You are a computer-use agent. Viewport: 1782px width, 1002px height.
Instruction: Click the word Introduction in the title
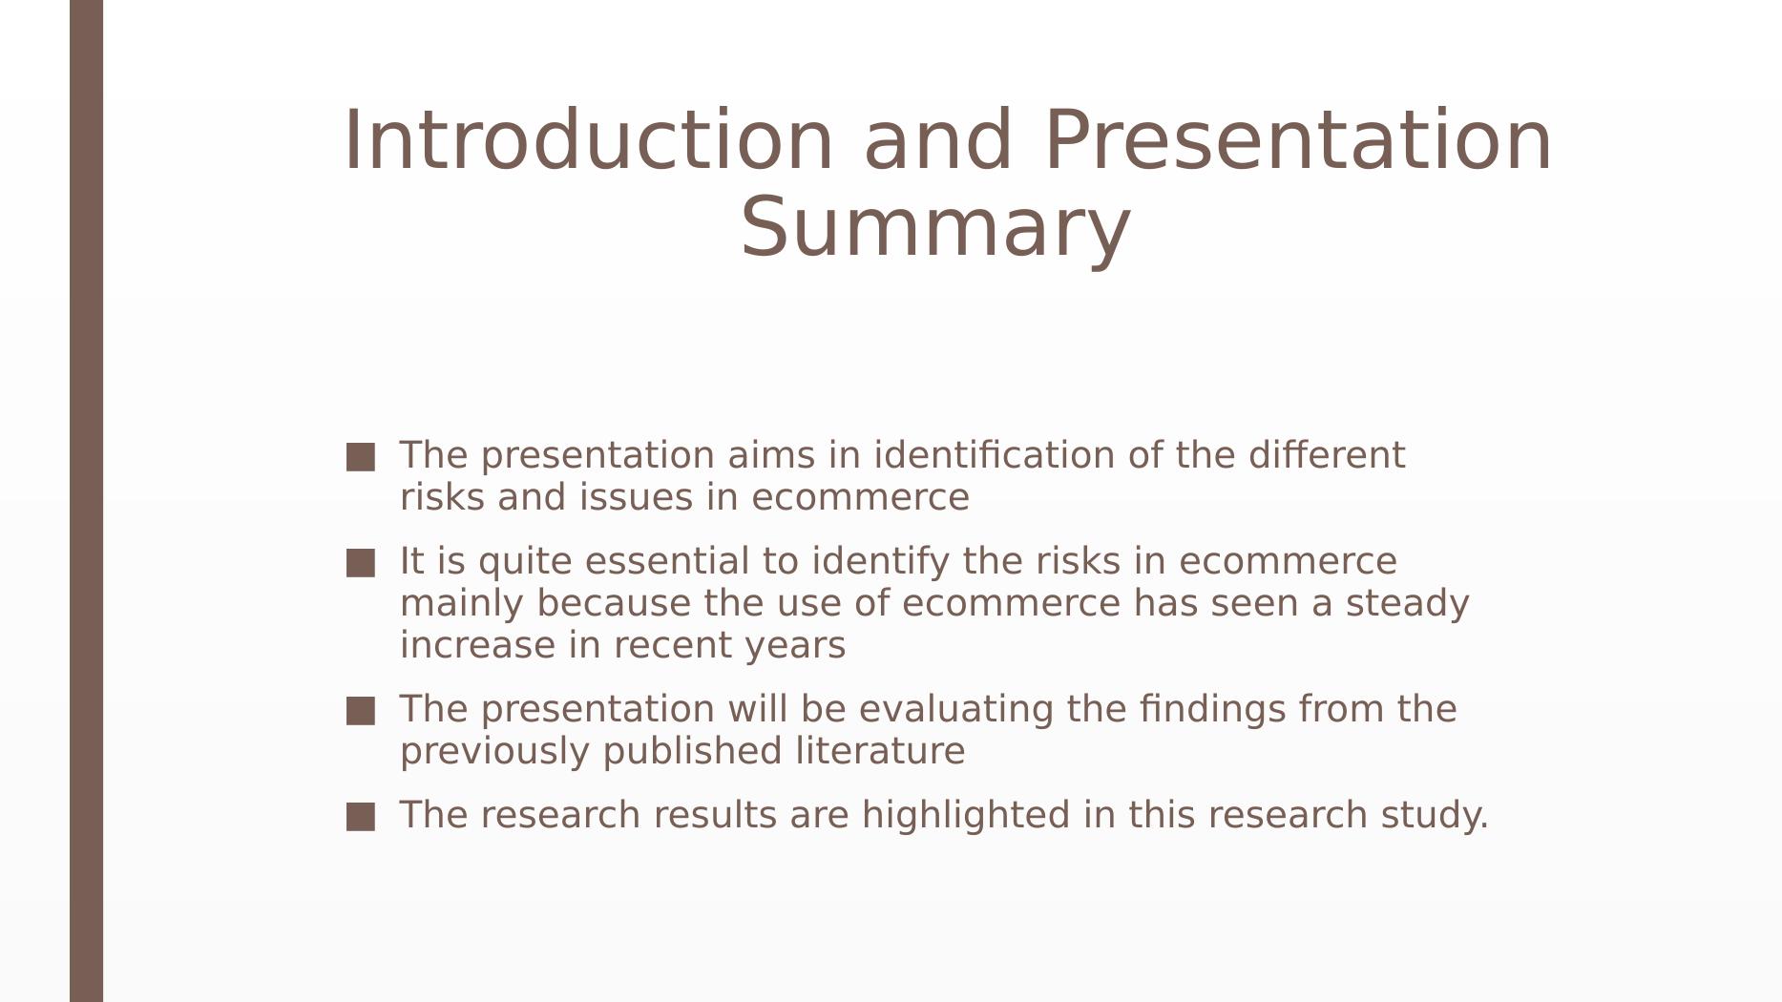tap(588, 140)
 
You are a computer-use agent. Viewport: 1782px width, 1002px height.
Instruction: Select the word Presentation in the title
tap(1299, 140)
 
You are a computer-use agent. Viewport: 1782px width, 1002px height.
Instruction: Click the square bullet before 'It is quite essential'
tap(361, 563)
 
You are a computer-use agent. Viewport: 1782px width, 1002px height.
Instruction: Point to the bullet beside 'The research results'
tap(361, 817)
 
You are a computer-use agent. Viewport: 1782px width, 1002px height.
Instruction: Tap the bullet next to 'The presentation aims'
tap(361, 457)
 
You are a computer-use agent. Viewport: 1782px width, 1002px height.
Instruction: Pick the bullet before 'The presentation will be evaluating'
tap(361, 711)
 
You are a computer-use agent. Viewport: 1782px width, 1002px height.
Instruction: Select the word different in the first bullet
tap(1327, 455)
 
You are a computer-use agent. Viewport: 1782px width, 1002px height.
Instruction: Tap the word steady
tap(1407, 604)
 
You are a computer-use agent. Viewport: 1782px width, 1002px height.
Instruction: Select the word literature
tap(880, 751)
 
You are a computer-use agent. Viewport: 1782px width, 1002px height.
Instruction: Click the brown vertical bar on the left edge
tap(87, 501)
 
